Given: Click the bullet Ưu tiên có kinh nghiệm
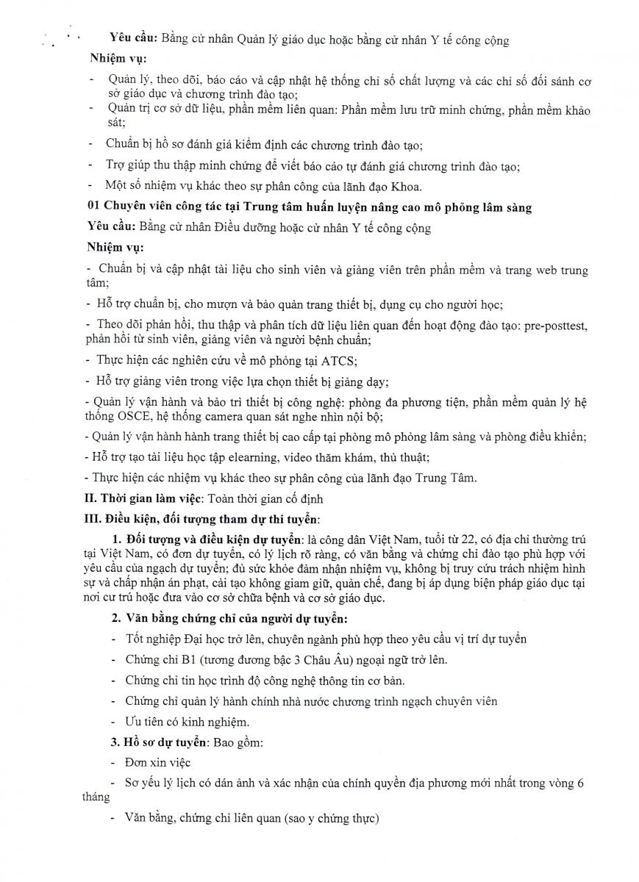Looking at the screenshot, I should point(187,721).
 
